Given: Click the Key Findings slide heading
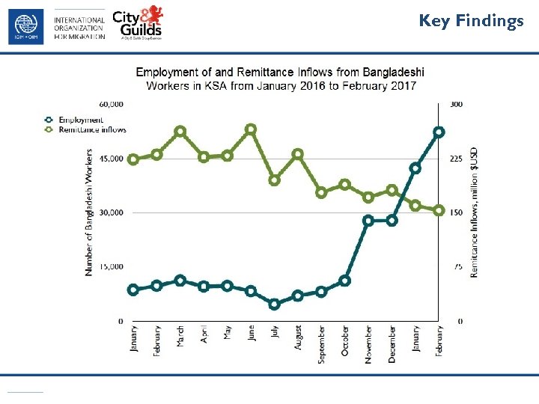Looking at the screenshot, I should (x=471, y=21).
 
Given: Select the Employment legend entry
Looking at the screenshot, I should (x=73, y=120).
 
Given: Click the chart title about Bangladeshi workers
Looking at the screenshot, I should (x=280, y=79).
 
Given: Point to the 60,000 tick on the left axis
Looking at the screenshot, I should (x=111, y=104).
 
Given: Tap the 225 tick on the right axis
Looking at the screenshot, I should (x=456, y=159).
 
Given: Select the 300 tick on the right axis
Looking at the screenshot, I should (x=455, y=104).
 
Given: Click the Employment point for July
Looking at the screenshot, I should (x=275, y=304).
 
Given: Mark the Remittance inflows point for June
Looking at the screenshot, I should (x=251, y=129).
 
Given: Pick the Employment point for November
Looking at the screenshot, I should (x=368, y=221).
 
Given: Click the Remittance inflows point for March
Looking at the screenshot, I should (x=180, y=131).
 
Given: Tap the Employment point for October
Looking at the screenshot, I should (x=345, y=281).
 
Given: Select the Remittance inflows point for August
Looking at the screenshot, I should (x=298, y=154).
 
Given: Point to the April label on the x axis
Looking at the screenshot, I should (x=204, y=334).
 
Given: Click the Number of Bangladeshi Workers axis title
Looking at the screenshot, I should (x=89, y=212).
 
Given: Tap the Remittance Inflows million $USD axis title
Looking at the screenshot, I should (x=474, y=212).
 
